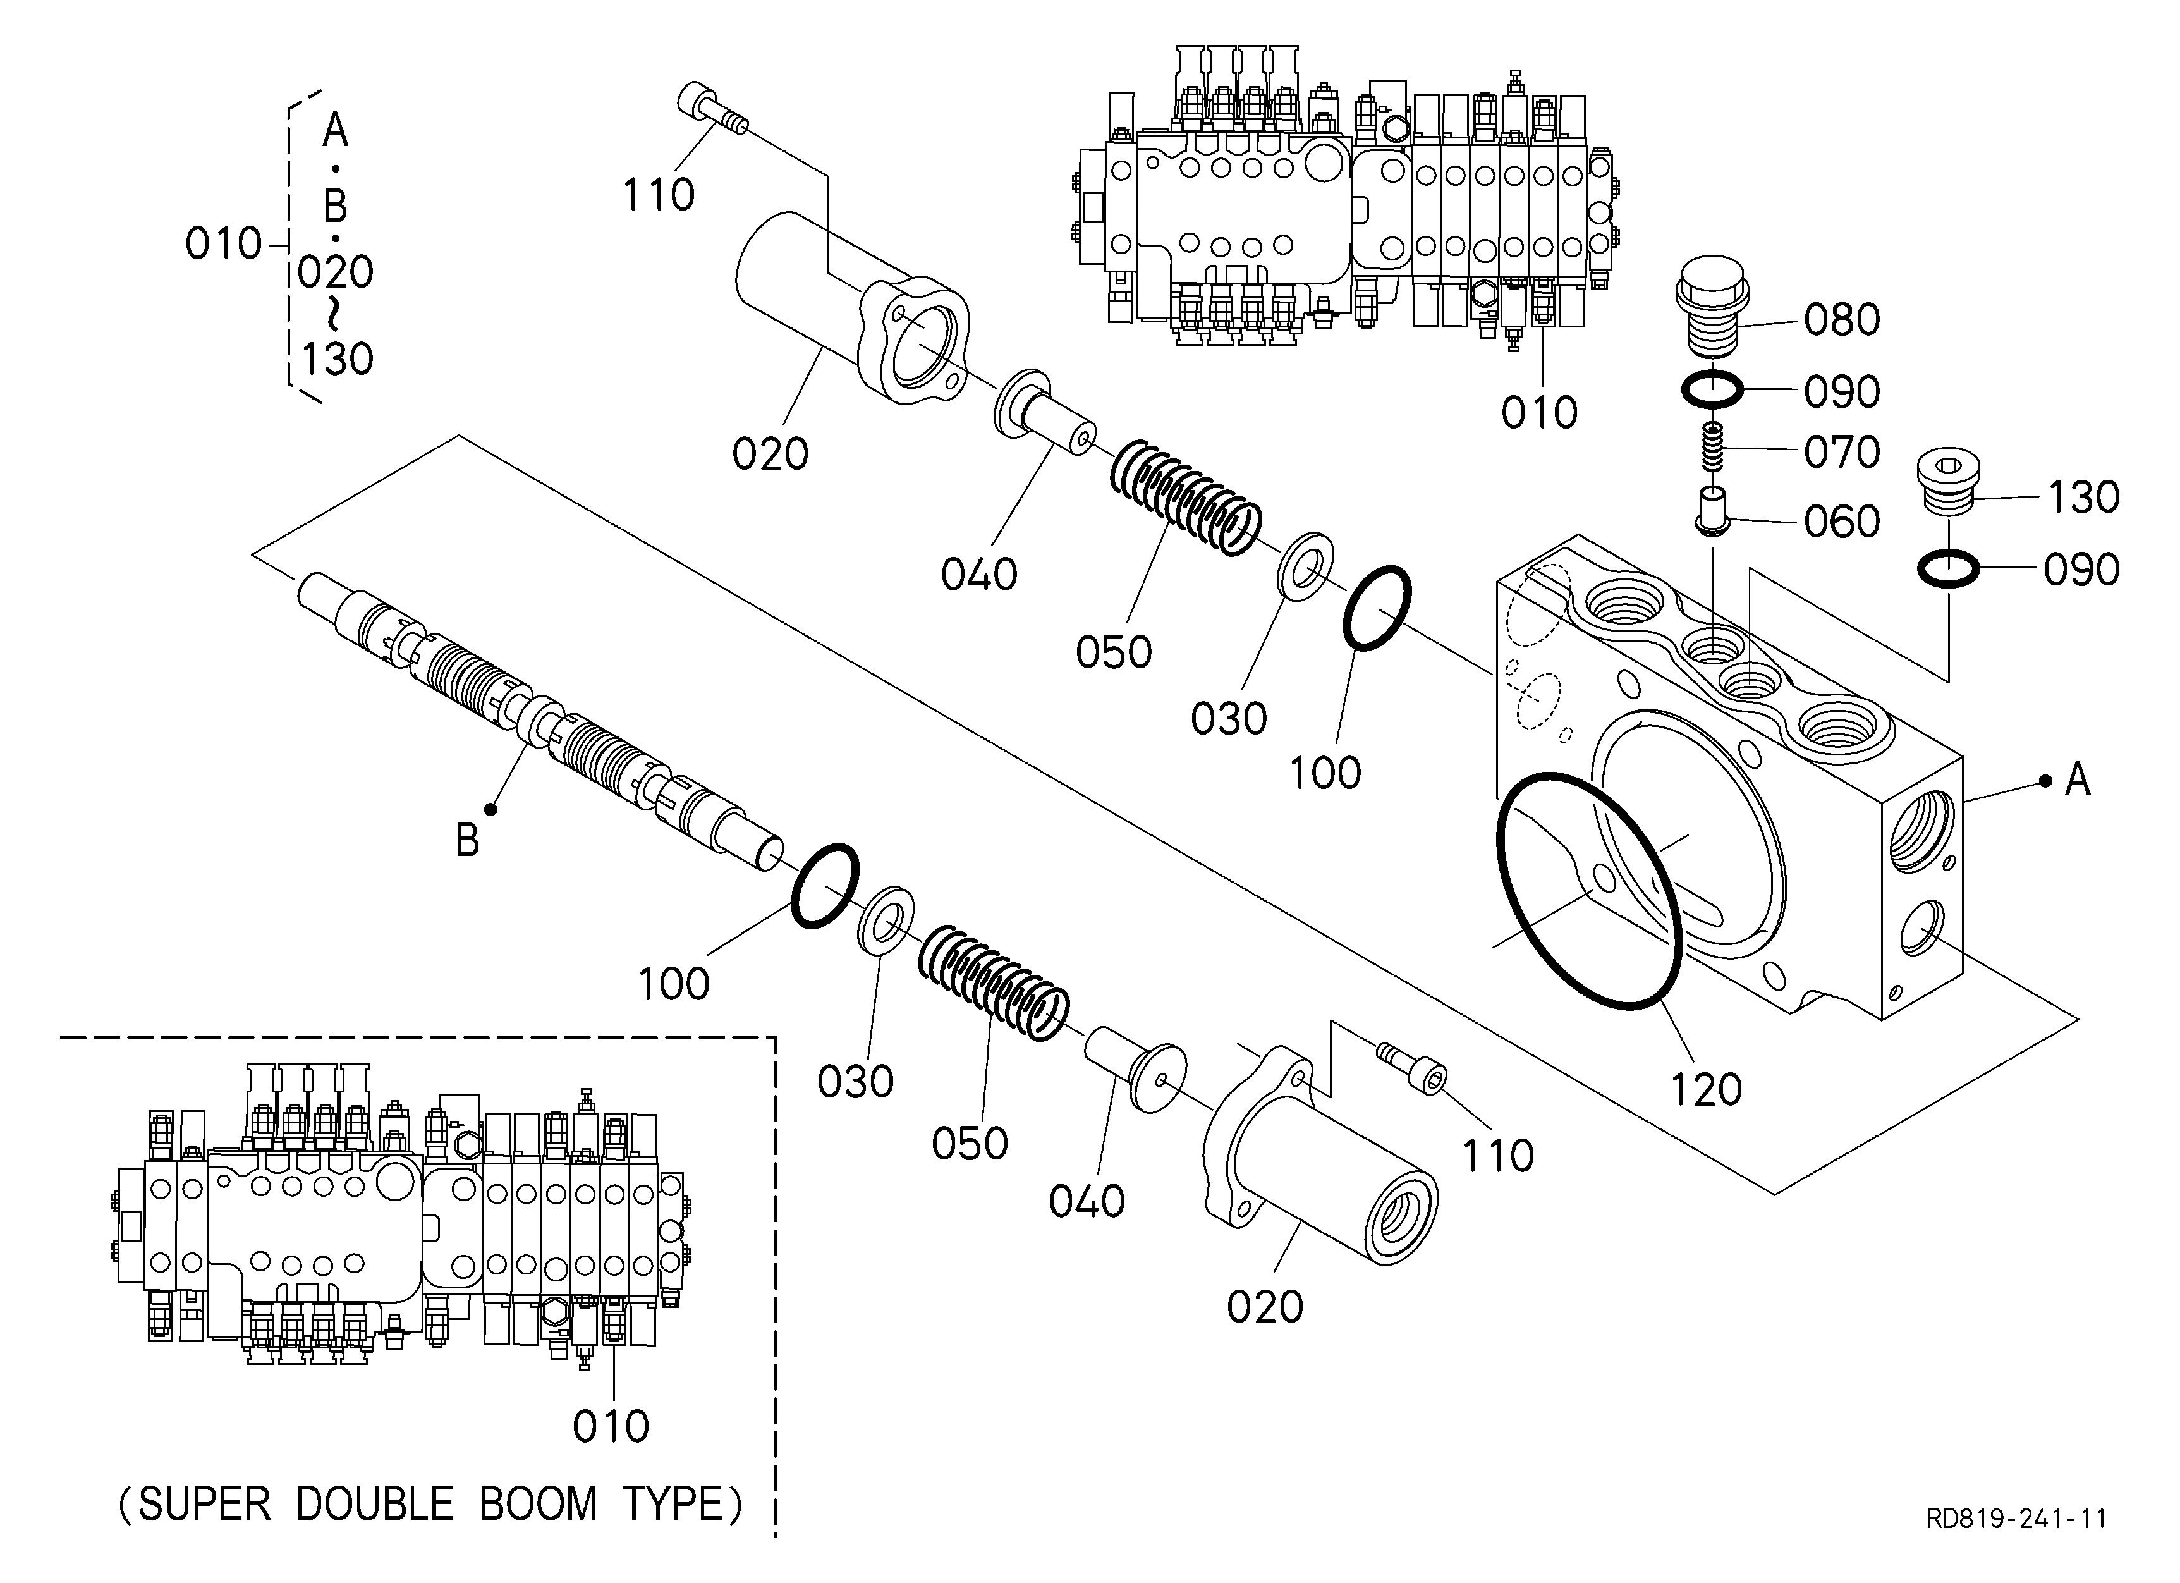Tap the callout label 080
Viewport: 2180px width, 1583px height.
tap(1842, 320)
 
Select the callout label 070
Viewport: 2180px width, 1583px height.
tap(1842, 452)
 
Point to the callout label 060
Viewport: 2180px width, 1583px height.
tap(1842, 522)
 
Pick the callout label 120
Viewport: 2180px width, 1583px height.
tap(1706, 1090)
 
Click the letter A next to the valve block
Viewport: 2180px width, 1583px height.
tap(2078, 779)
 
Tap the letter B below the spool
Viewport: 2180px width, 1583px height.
tap(467, 841)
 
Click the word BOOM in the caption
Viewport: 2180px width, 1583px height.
tap(539, 1504)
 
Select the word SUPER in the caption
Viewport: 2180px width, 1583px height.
tap(204, 1504)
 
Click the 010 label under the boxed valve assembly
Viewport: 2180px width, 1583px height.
tap(611, 1426)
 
